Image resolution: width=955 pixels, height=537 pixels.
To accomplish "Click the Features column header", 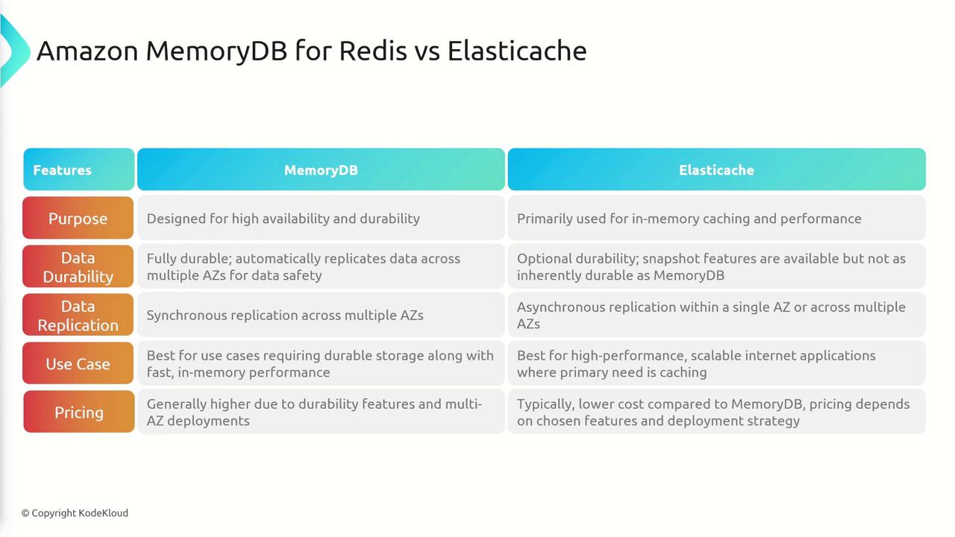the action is tap(79, 169).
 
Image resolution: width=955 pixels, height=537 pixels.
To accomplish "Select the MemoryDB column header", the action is tap(321, 169).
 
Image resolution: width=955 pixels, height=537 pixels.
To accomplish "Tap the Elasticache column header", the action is tap(717, 169).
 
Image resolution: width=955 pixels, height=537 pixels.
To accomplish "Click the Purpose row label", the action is tap(78, 218).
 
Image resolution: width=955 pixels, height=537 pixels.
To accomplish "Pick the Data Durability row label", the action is tap(78, 266).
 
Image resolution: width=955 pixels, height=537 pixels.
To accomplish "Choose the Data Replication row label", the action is tap(78, 315).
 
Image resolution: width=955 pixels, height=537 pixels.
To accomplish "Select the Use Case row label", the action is tap(78, 363).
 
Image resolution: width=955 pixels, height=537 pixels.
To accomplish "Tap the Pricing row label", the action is tap(79, 412).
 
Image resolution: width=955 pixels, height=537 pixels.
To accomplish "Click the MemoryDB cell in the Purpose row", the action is tap(321, 218).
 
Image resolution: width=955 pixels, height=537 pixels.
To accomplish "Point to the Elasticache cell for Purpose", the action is tap(717, 218).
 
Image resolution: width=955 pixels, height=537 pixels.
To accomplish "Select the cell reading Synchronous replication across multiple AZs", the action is tap(321, 315).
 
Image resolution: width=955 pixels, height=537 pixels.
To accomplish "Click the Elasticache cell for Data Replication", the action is tap(717, 315).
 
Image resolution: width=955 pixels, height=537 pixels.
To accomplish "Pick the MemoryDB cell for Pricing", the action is tap(321, 412).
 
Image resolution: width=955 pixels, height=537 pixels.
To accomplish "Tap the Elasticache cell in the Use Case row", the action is tap(717, 363).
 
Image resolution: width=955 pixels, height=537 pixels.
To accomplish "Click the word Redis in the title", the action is tap(373, 51).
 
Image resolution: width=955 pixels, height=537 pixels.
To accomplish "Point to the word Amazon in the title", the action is tap(87, 51).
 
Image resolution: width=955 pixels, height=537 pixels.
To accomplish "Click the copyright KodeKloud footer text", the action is tap(75, 513).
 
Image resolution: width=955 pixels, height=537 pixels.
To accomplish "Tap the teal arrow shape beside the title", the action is tap(15, 51).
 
